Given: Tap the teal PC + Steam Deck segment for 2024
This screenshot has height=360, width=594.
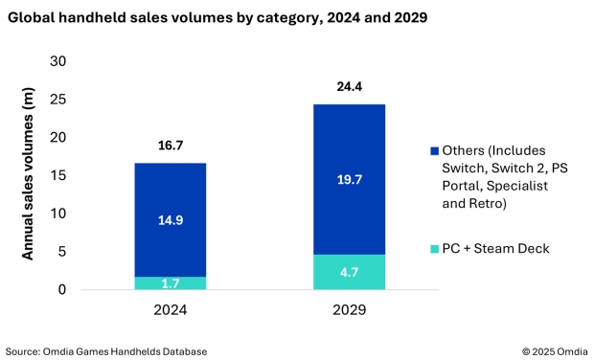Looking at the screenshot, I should (170, 283).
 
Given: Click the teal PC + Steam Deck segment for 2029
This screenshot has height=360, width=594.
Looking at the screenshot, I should (349, 272).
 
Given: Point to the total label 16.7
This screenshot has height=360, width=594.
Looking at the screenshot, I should (170, 146).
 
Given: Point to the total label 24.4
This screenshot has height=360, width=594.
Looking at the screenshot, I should (349, 86).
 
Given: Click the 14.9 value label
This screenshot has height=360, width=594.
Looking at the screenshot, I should (170, 220).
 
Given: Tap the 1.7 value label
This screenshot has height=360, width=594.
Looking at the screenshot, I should (170, 283).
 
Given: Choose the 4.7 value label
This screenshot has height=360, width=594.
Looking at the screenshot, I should (349, 272).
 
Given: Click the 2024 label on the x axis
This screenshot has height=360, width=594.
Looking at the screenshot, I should (170, 309).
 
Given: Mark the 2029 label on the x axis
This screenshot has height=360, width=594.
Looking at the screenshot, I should (349, 309).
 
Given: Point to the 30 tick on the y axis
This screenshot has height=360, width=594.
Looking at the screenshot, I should (58, 61).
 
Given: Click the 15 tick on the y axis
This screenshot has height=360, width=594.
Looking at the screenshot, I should (58, 175).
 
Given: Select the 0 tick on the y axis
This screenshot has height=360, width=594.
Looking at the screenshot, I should (62, 289).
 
